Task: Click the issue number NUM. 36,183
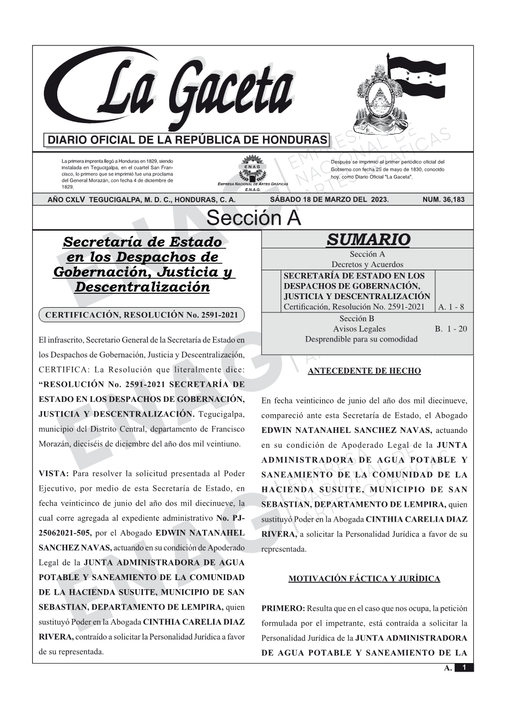click(x=443, y=200)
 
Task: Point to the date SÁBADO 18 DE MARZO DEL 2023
click(x=329, y=200)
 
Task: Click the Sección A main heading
click(x=253, y=218)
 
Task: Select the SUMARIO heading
click(x=368, y=239)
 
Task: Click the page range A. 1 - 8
click(x=451, y=307)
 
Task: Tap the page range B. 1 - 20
click(x=451, y=329)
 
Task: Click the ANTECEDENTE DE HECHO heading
click(x=364, y=371)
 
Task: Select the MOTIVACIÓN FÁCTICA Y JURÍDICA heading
click(x=364, y=578)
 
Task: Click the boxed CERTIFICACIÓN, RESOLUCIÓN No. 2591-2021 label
click(x=141, y=315)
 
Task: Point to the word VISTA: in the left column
click(x=54, y=474)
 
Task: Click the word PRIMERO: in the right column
click(x=283, y=608)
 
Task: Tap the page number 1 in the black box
click(x=464, y=668)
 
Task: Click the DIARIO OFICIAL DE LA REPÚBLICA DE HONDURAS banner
click(x=187, y=140)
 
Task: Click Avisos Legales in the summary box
click(x=359, y=329)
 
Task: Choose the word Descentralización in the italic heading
click(x=142, y=287)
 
